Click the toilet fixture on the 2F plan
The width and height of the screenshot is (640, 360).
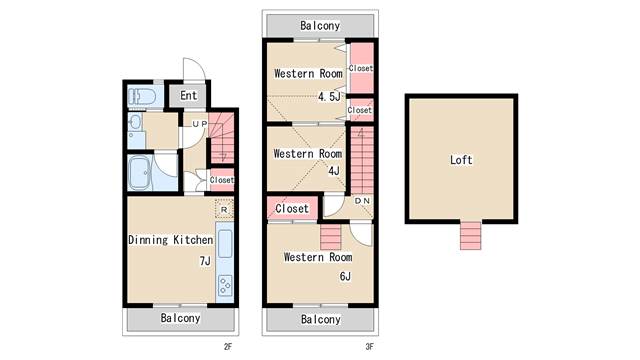coord(142,97)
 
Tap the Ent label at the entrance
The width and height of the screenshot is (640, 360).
coord(189,96)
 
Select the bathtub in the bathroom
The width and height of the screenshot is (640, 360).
coord(139,173)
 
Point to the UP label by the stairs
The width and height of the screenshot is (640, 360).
coord(200,124)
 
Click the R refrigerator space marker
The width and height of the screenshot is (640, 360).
coord(224,210)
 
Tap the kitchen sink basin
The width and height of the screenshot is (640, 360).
coord(225,244)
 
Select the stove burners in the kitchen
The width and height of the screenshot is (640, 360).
coord(225,285)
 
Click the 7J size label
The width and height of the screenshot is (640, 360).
coord(205,261)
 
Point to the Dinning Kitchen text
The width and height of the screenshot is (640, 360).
coord(171,240)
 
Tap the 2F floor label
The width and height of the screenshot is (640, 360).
coord(228,347)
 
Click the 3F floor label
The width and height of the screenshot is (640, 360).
coord(369,347)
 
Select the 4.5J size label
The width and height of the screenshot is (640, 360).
coord(329,97)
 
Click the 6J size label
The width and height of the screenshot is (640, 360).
coord(345,277)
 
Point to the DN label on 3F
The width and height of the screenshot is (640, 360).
coord(362,201)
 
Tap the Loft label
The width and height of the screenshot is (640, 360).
coord(461,160)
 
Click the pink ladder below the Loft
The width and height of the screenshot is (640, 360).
coord(470,236)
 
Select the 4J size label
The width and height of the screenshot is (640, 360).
coord(334,171)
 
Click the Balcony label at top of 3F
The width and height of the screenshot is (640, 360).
coord(320,26)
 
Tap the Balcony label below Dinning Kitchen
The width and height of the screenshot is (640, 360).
coord(180,318)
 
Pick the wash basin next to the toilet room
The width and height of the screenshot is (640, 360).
coord(135,122)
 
